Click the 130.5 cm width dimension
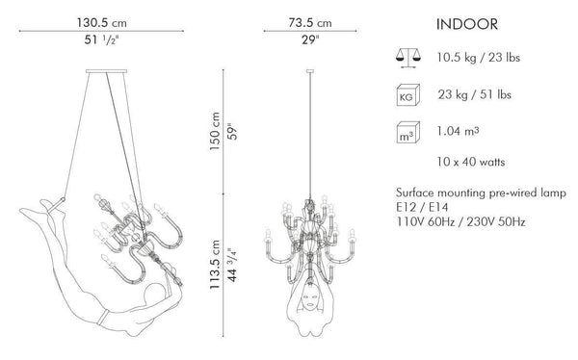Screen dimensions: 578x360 102,23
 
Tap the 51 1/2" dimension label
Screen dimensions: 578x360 100,39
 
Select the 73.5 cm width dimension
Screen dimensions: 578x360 310,23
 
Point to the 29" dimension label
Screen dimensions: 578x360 310,39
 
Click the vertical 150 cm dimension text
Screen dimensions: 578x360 215,131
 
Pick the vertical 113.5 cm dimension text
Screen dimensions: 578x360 215,265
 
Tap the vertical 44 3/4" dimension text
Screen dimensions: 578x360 232,265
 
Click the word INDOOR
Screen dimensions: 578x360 467,24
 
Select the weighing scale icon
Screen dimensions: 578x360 408,58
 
